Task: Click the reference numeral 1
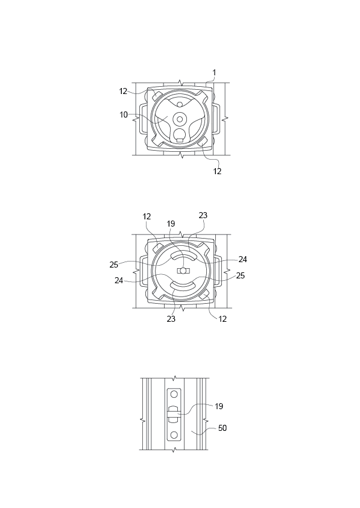pyautogui.click(x=213, y=73)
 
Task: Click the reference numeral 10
pyautogui.click(x=124, y=114)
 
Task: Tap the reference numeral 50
pyautogui.click(x=222, y=428)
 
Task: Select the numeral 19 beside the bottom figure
pyautogui.click(x=219, y=406)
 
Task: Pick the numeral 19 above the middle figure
pyautogui.click(x=171, y=224)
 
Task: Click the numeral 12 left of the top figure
pyautogui.click(x=123, y=91)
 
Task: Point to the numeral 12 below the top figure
pyautogui.click(x=217, y=171)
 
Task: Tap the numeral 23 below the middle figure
pyautogui.click(x=171, y=319)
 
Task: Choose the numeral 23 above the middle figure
pyautogui.click(x=203, y=216)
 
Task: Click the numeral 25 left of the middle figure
pyautogui.click(x=114, y=265)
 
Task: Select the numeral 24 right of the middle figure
pyautogui.click(x=242, y=260)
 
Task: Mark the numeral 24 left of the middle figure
pyautogui.click(x=119, y=280)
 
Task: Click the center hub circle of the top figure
pyautogui.click(x=180, y=119)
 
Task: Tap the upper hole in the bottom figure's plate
pyautogui.click(x=174, y=394)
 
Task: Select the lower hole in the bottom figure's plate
pyautogui.click(x=174, y=434)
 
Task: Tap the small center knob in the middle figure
pyautogui.click(x=183, y=271)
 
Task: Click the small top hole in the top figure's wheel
pyautogui.click(x=180, y=104)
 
